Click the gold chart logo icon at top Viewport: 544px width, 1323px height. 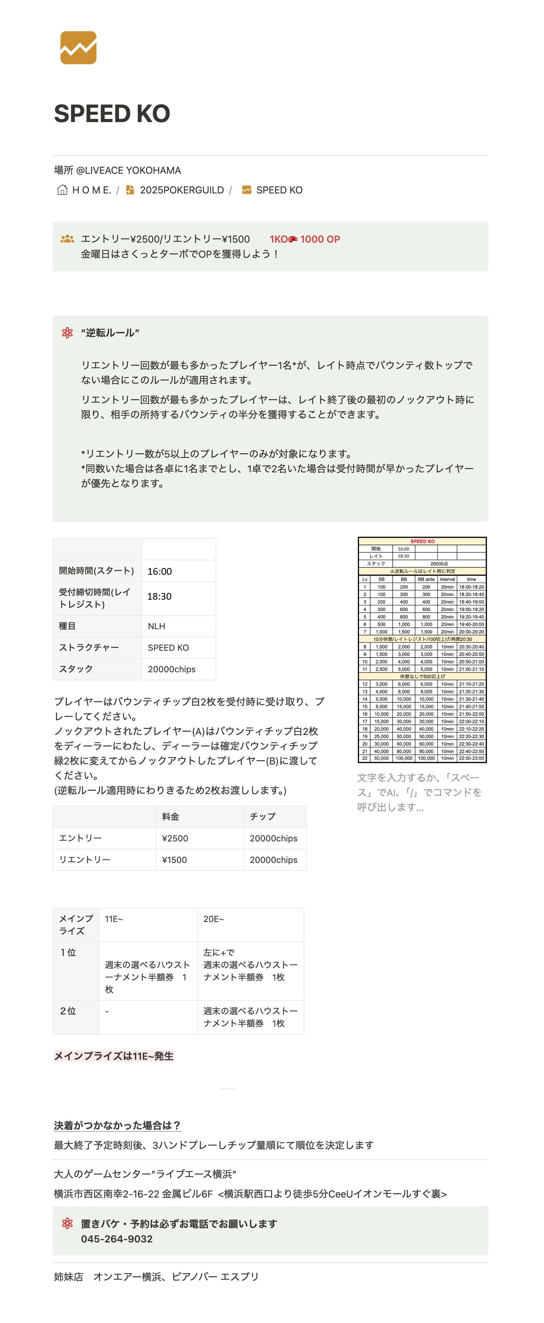click(78, 48)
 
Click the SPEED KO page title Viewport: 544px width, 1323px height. click(112, 113)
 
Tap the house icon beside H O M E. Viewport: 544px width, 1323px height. click(62, 190)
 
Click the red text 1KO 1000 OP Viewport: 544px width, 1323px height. click(305, 239)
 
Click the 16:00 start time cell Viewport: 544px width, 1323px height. click(160, 571)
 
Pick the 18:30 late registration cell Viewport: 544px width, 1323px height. click(160, 596)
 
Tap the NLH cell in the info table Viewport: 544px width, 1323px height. click(157, 626)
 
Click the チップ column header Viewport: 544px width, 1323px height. click(262, 816)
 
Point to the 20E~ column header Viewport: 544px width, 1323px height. click(214, 919)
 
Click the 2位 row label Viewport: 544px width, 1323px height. click(68, 1011)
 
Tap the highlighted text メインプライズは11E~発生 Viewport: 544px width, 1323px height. click(114, 1056)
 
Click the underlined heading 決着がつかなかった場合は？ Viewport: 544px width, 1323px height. click(117, 1125)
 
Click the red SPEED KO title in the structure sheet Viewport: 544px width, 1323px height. click(422, 541)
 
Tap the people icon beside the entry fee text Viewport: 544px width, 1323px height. click(67, 239)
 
